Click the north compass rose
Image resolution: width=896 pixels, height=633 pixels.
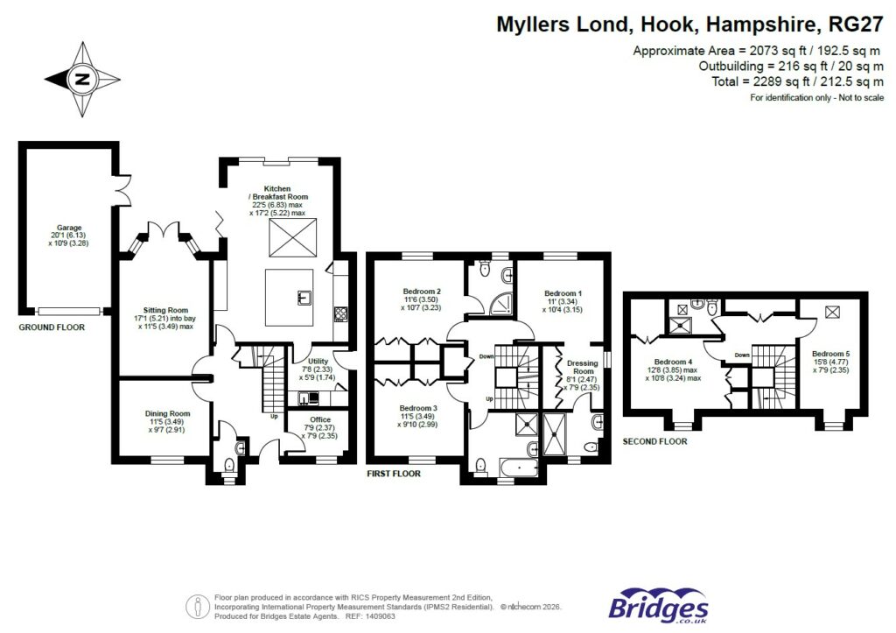82,80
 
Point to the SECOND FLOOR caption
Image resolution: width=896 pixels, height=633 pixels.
654,442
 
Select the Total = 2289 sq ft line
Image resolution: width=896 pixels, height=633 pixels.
790,82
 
